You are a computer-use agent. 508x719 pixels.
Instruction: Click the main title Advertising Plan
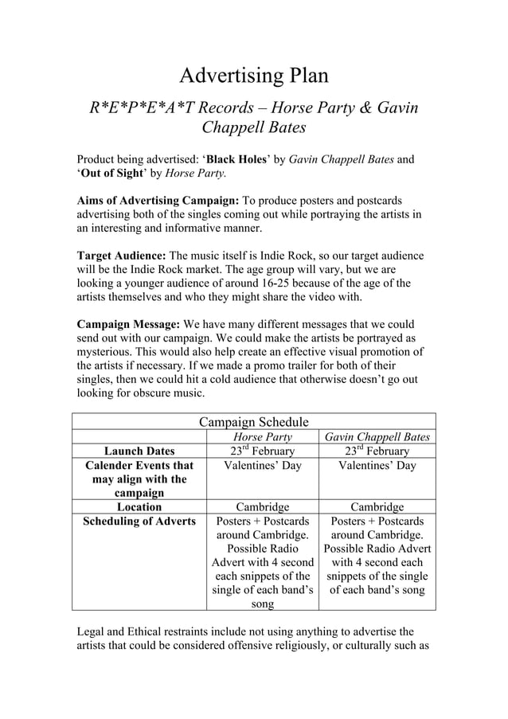coord(253,76)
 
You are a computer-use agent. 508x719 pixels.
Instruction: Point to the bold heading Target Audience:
coord(121,256)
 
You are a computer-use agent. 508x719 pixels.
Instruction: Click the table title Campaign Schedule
coord(253,422)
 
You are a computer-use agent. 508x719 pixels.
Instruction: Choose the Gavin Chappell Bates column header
coord(377,437)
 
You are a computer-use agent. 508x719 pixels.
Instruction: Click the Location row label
coord(139,507)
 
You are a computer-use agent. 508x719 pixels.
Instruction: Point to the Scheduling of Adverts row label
coord(139,522)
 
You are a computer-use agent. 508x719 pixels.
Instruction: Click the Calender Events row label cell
coord(139,479)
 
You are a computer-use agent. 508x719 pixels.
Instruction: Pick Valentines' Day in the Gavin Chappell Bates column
coord(377,466)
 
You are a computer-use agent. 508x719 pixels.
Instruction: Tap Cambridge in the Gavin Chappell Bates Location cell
coord(377,507)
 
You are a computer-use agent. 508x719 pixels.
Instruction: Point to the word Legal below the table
coord(92,631)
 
